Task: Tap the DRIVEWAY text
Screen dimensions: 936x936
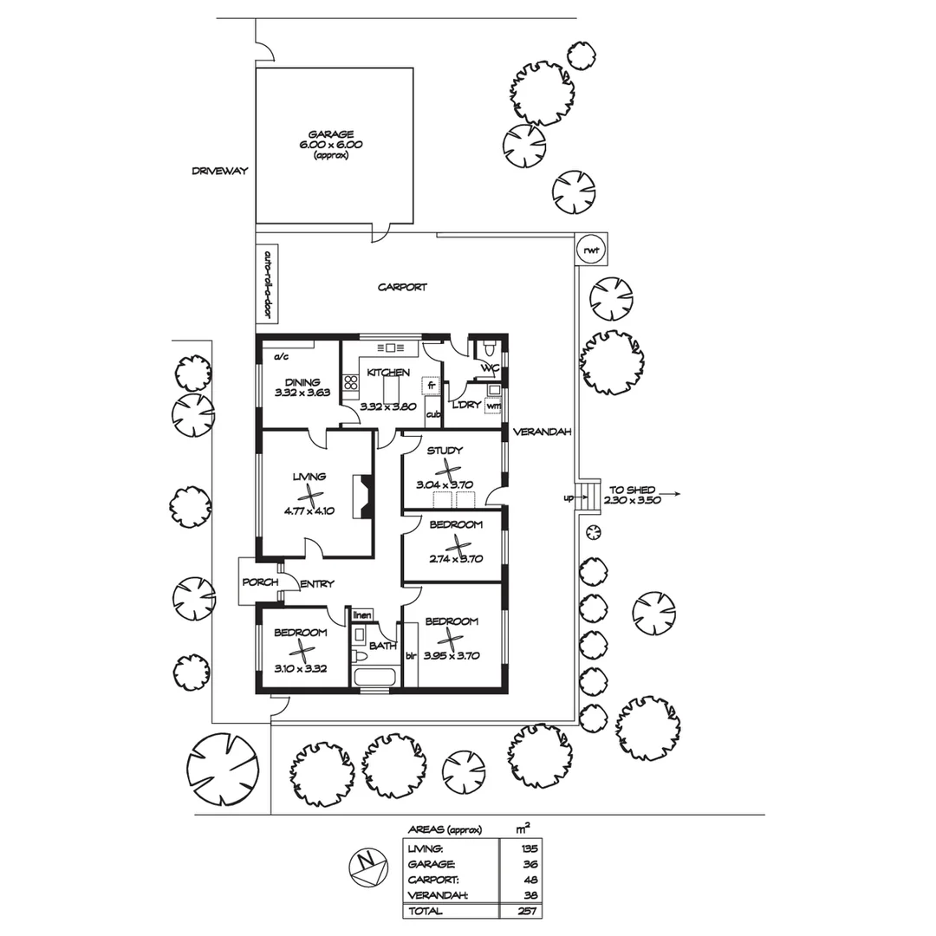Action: (219, 171)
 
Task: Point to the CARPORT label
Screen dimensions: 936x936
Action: (402, 287)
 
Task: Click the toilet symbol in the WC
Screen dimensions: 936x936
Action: (490, 350)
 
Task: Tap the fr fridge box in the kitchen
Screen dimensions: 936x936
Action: (430, 386)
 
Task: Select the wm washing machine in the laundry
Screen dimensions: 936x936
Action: (493, 406)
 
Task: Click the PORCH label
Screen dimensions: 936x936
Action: (259, 582)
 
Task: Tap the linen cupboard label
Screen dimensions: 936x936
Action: (362, 615)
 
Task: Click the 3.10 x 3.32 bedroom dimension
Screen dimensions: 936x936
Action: (300, 668)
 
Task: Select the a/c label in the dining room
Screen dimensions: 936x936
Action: (281, 356)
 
